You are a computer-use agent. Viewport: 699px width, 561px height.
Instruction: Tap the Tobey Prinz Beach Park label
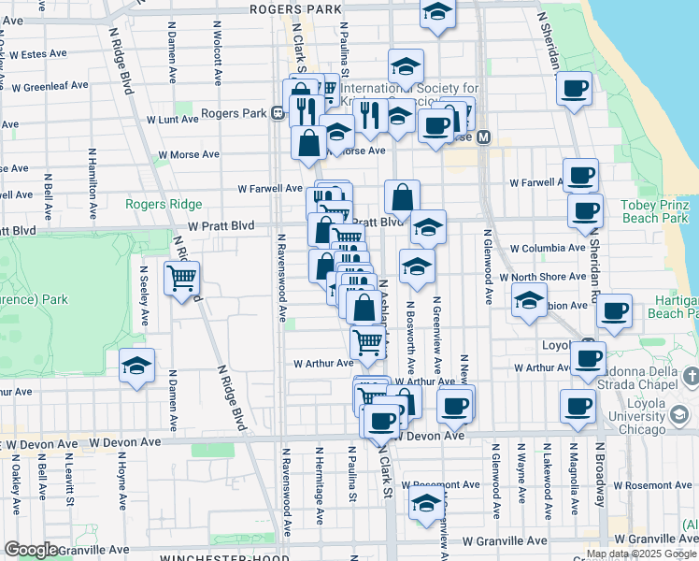(658, 210)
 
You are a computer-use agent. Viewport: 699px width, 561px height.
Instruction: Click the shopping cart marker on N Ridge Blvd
(181, 277)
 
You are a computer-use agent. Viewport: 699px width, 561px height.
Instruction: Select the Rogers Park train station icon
(278, 114)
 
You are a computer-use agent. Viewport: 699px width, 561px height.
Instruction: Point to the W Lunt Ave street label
(172, 120)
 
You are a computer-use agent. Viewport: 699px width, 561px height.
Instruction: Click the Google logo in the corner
(31, 550)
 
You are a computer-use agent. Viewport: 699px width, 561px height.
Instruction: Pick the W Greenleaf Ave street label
(50, 85)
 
